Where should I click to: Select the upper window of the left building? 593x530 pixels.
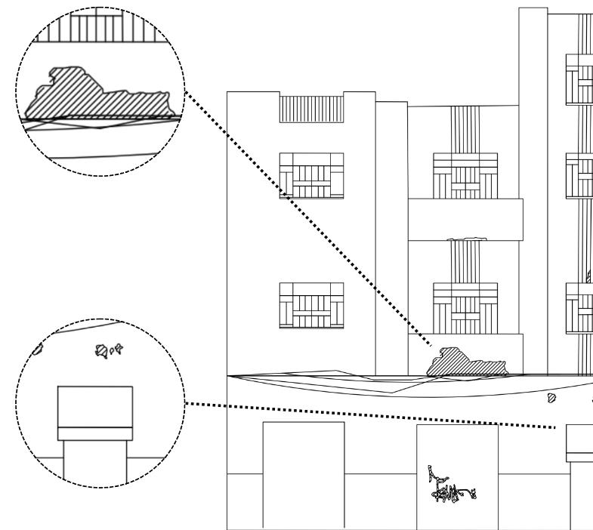point(311,176)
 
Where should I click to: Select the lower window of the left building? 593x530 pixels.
point(311,306)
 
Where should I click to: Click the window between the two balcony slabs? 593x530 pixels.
point(465,306)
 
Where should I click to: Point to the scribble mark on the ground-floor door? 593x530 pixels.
point(446,487)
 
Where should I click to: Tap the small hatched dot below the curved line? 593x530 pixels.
point(551,396)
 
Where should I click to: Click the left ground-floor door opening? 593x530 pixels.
point(303,473)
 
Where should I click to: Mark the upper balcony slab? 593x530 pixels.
point(465,219)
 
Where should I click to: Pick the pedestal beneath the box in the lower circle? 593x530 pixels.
point(94,461)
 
